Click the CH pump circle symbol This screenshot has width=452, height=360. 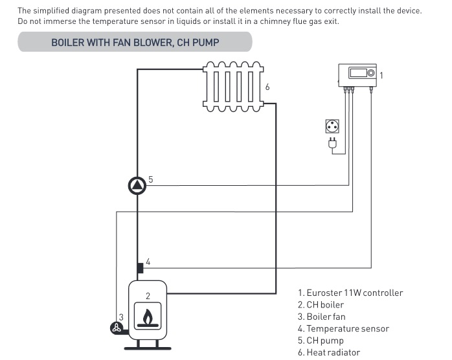point(138,186)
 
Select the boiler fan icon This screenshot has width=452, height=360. point(115,327)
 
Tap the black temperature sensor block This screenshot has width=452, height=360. point(139,267)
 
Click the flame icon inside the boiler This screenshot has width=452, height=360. point(148,319)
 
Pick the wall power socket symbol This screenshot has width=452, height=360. point(332,126)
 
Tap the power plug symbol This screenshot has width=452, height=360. point(332,144)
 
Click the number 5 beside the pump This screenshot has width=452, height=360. point(150,179)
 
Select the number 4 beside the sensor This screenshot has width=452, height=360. point(148,262)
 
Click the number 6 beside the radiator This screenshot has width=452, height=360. point(267,87)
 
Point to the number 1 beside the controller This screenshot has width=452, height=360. point(381,76)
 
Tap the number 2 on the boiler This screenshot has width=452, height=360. point(148,296)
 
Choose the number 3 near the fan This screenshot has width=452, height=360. point(120,317)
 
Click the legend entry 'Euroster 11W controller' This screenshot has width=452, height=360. point(350,293)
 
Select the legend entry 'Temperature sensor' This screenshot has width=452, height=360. point(343,329)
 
